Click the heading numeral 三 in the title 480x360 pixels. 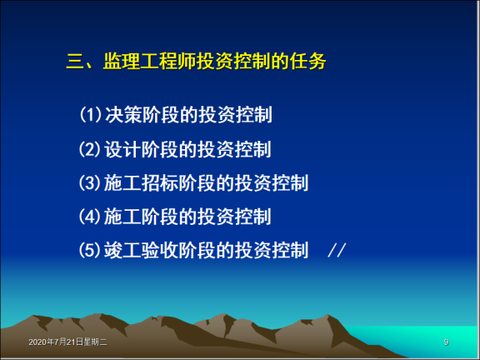pos(75,62)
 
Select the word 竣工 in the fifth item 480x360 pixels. pos(122,250)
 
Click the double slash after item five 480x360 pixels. pos(336,250)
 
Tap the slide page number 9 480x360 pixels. pos(447,342)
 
